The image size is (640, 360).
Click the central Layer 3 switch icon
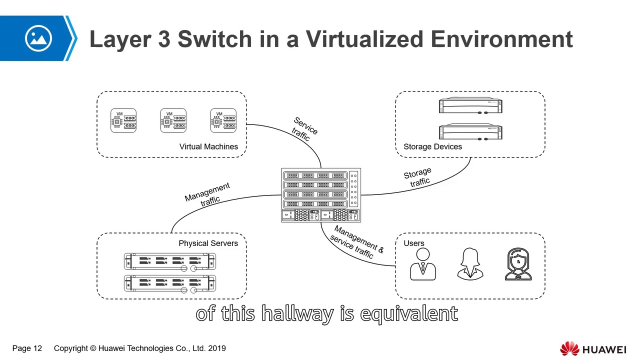tap(321, 195)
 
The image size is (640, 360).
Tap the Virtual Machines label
tap(208, 146)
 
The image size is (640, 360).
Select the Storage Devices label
tap(432, 146)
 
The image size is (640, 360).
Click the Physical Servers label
tap(208, 243)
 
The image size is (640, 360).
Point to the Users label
tap(413, 243)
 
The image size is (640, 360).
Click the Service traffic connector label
tap(303, 129)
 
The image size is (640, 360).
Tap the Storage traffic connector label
tap(418, 177)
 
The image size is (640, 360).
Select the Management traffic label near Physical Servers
tap(208, 194)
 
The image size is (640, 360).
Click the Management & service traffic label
tap(356, 242)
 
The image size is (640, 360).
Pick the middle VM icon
tap(173, 121)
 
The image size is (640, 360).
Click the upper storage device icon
tap(470, 106)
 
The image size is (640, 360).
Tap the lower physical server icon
tap(170, 283)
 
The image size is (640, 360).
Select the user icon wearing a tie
tap(423, 264)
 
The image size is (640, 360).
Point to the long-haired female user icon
tap(470, 264)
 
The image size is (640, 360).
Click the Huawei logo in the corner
tap(592, 348)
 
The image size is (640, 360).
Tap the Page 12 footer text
tap(27, 348)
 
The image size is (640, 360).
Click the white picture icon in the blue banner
tap(38, 38)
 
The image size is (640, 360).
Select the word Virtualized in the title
tap(365, 39)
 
